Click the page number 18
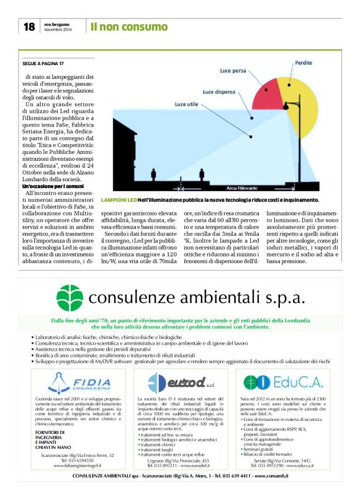click(x=29, y=27)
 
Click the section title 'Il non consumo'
click(x=129, y=27)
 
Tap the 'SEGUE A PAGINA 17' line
click(x=43, y=63)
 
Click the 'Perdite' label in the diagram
click(x=304, y=63)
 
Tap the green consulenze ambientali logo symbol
click(x=69, y=296)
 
